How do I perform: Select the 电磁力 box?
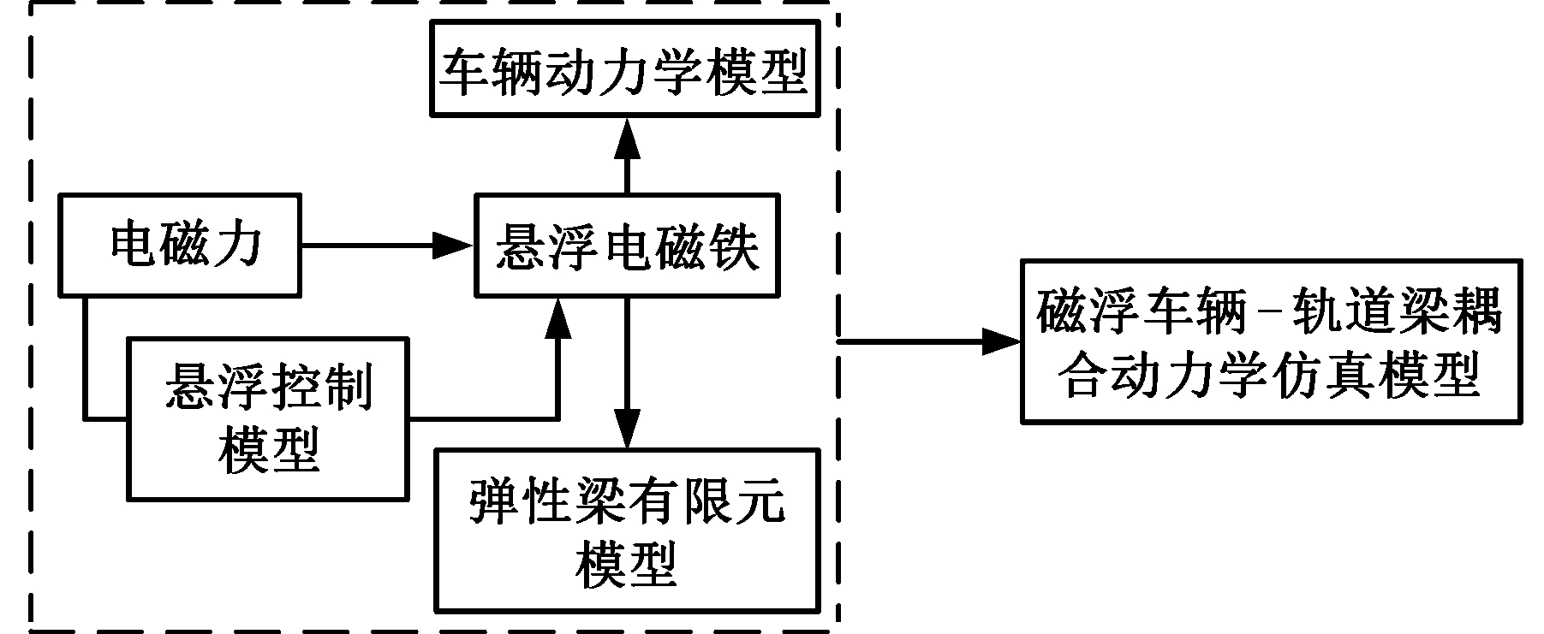pos(180,246)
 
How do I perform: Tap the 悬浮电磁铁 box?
pos(628,246)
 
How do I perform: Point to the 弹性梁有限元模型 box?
pos(628,530)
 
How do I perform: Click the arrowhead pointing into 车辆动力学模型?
pos(627,136)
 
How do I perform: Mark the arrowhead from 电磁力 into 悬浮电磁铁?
pos(454,246)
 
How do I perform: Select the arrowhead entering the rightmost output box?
pos(1001,341)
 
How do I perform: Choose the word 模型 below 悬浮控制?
pos(268,449)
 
